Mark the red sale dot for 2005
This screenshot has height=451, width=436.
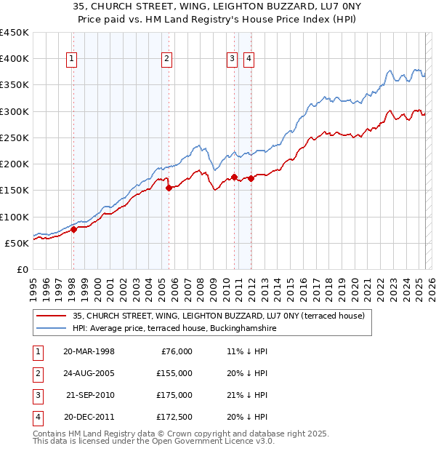pos(169,188)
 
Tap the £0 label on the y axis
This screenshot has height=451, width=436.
pos(22,269)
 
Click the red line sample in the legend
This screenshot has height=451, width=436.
pos(50,315)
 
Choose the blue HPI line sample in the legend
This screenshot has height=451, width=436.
pos(50,328)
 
